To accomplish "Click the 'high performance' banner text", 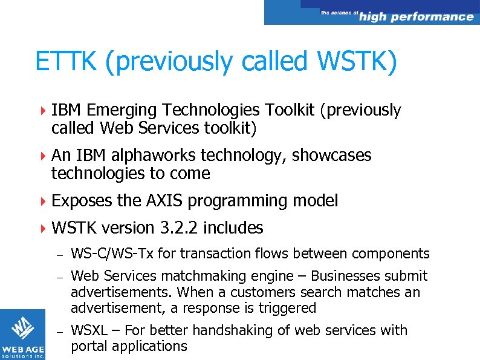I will [416, 17].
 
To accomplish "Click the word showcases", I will [332, 155].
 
